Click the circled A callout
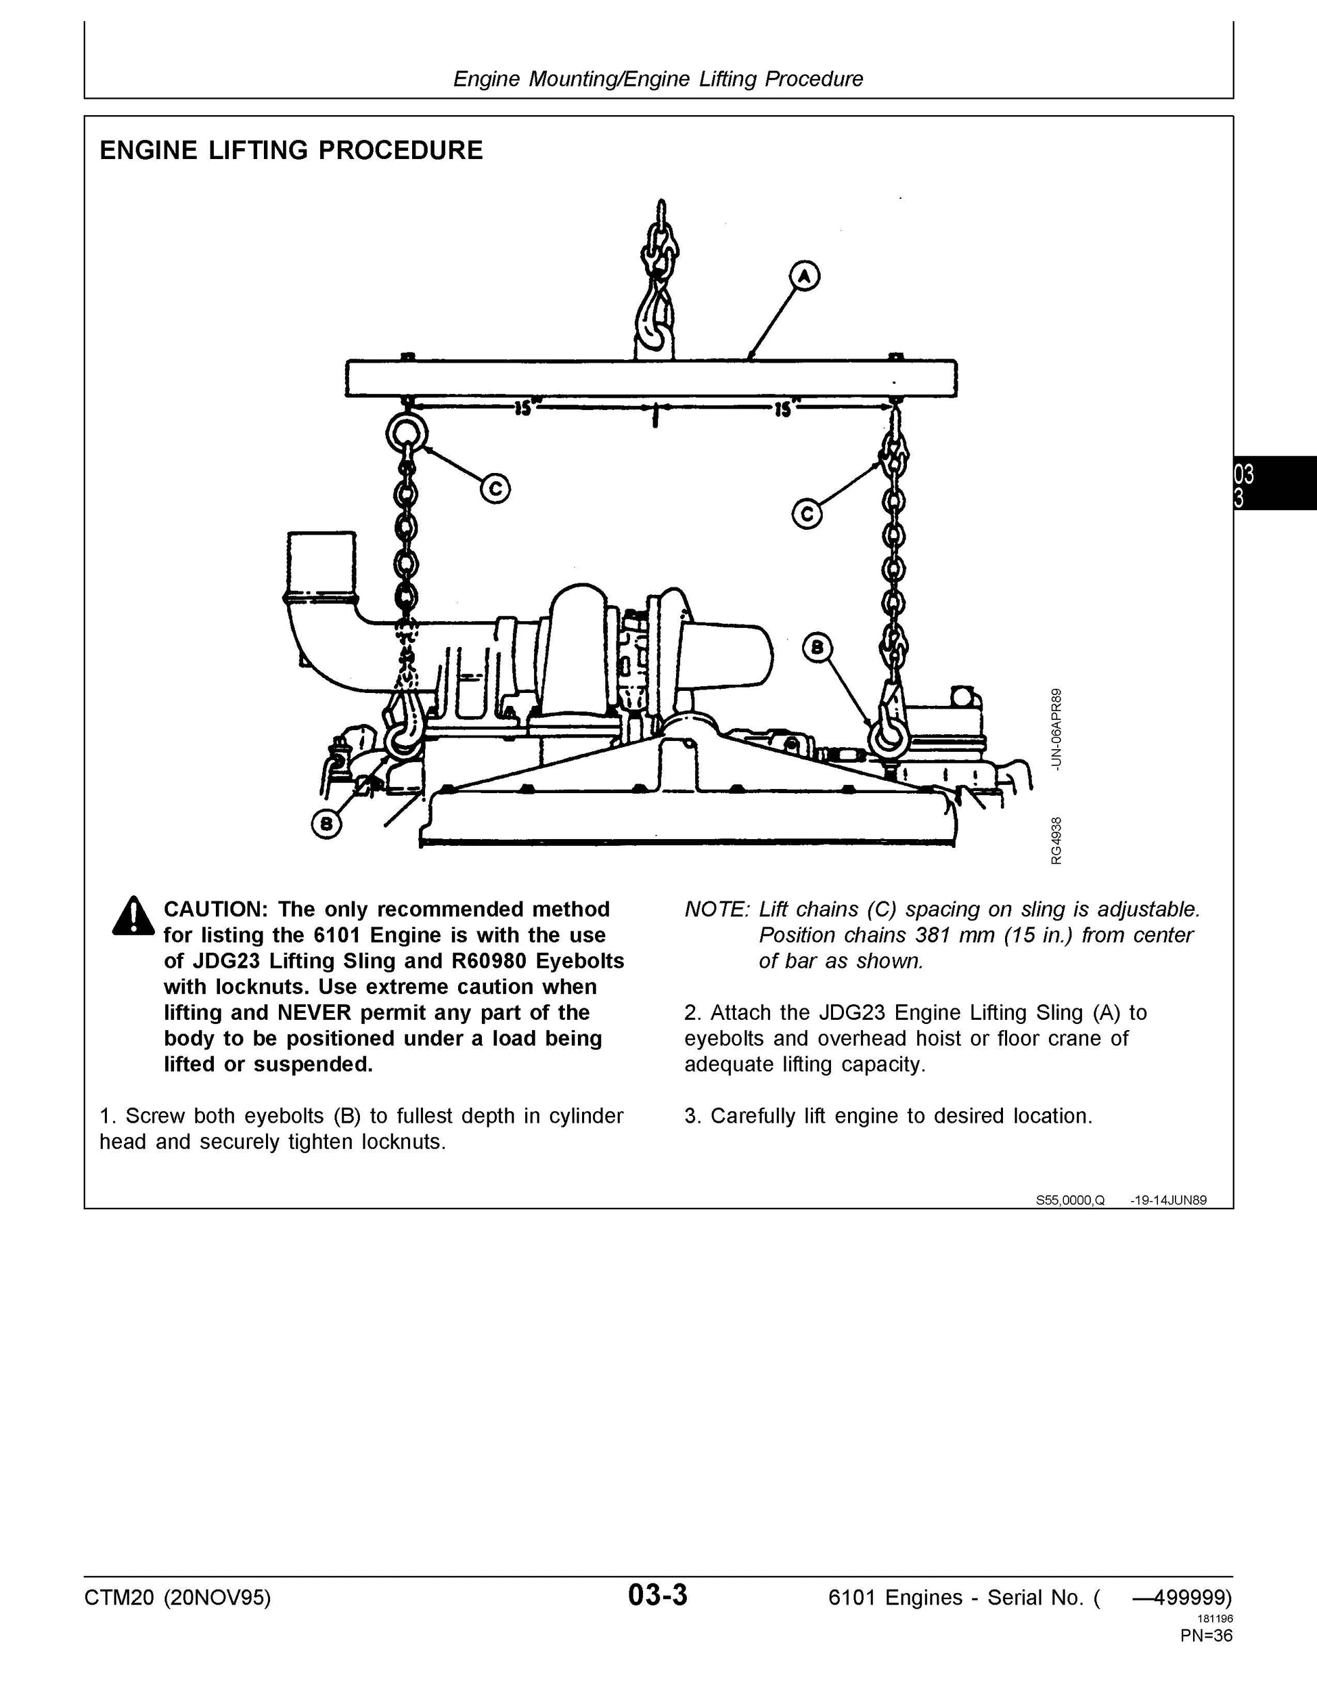(805, 275)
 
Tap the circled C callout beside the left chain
(495, 489)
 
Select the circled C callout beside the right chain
(807, 514)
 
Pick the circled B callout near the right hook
(818, 648)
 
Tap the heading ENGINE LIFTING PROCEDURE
(291, 150)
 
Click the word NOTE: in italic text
(716, 910)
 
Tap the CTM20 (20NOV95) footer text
(178, 1598)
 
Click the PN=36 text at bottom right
(1206, 1634)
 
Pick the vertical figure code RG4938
(1056, 840)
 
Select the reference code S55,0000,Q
(1070, 1200)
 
